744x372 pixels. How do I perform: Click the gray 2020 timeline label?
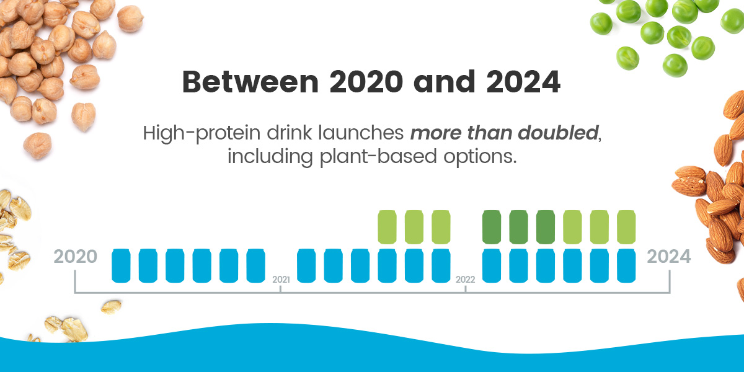click(x=76, y=257)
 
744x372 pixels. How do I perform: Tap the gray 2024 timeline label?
click(x=668, y=257)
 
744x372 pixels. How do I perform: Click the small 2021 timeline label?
click(x=281, y=280)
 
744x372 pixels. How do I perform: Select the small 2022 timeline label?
click(x=465, y=280)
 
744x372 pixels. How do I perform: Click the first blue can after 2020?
click(x=121, y=265)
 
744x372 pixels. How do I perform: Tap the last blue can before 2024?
click(x=626, y=265)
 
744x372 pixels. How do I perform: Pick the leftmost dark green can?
click(x=492, y=227)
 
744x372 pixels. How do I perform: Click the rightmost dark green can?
click(x=546, y=227)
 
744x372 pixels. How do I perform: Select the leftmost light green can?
click(x=387, y=227)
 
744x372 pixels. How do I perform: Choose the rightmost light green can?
click(x=626, y=227)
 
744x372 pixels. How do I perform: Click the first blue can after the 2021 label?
click(x=307, y=265)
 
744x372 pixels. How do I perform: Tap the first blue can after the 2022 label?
click(x=492, y=265)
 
